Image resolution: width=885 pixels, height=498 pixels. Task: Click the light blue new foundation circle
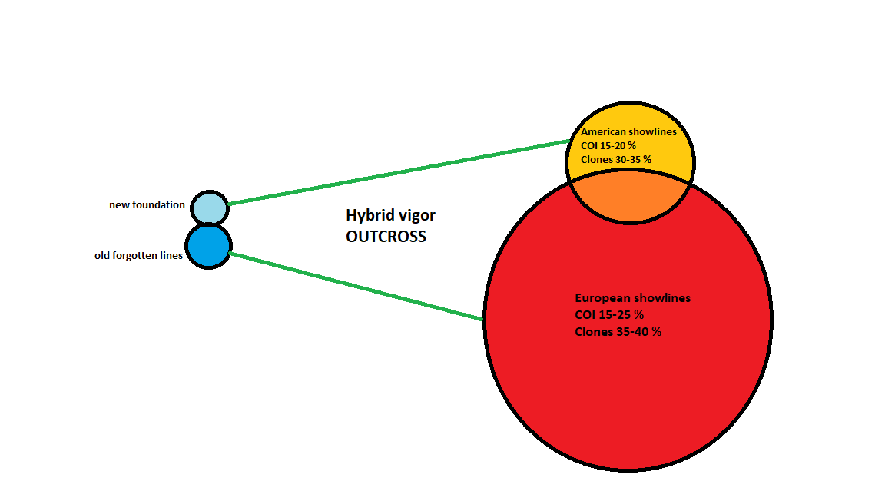click(x=210, y=207)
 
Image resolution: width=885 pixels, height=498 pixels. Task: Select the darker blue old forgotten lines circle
click(x=209, y=246)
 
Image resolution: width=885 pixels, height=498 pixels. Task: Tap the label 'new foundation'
click(x=147, y=205)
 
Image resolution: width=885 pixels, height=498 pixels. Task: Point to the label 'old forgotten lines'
click(x=139, y=256)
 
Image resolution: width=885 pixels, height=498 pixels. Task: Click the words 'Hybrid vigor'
click(x=390, y=216)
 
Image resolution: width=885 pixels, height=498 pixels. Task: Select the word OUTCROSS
click(x=386, y=237)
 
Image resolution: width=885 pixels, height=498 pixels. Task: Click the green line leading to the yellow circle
click(x=399, y=172)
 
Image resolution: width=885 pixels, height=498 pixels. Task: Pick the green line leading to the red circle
click(x=356, y=286)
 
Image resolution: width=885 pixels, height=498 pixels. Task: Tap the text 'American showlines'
click(x=628, y=132)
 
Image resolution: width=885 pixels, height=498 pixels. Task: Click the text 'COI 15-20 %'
click(x=608, y=146)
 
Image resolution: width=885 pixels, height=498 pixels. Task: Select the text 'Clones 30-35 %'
click(x=616, y=160)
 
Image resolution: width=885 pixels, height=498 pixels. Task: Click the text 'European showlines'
click(x=633, y=298)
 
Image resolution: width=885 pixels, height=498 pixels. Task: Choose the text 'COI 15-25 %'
click(x=609, y=315)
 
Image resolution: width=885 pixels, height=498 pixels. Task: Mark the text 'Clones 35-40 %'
click(x=618, y=332)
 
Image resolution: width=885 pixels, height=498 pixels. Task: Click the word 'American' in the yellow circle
click(x=603, y=132)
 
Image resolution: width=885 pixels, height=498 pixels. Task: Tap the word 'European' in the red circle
click(x=601, y=299)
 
